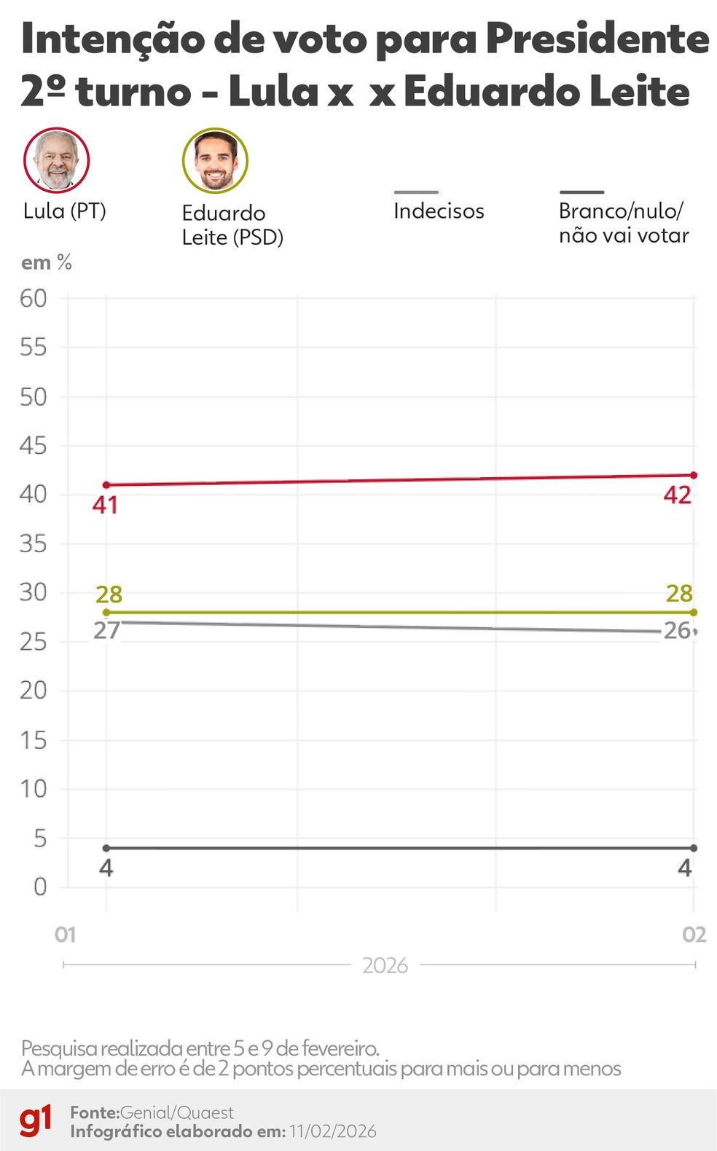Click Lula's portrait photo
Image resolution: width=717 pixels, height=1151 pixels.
56,160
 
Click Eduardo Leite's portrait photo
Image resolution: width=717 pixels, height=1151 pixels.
215,160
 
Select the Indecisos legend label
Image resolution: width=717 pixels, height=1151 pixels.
439,211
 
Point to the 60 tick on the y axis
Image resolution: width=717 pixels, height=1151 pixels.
34,298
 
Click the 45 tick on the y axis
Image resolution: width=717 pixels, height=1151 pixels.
34,445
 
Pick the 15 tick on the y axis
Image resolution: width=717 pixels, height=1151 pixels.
34,740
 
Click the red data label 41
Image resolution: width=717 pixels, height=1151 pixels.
105,505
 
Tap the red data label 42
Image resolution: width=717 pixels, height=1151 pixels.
677,495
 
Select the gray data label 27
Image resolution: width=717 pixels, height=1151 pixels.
106,631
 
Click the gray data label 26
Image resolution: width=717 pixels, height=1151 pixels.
677,631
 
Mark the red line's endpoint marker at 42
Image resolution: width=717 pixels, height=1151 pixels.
694,475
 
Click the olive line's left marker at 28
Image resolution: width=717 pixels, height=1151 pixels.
106,613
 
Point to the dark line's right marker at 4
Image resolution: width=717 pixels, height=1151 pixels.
694,848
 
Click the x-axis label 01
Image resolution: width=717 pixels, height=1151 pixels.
66,935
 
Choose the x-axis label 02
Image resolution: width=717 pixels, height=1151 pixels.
694,935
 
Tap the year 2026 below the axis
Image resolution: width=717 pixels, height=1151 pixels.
385,966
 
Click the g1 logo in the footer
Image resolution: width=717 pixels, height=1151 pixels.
36,1120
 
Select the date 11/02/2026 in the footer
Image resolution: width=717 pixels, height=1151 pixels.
332,1131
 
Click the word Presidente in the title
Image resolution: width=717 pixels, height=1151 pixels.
597,39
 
